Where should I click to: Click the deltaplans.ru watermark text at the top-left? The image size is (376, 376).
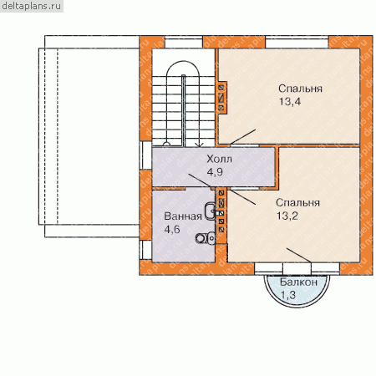tap(31, 6)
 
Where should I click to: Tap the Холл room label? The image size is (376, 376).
tap(219, 160)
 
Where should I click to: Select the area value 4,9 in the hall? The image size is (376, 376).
tap(215, 172)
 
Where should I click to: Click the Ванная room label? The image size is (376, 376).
tap(183, 216)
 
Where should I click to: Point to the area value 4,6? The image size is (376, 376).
tap(172, 230)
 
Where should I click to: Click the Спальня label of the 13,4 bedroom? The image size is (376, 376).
tap(300, 89)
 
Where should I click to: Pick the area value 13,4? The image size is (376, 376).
tap(290, 102)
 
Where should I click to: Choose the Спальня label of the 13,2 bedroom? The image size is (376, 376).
tap(297, 202)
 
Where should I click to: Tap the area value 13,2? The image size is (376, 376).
tap(287, 216)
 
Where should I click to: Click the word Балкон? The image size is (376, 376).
tap(298, 282)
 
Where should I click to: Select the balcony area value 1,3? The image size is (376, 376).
tap(288, 295)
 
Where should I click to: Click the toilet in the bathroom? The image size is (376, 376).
tap(206, 238)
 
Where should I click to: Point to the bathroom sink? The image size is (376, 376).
tap(210, 211)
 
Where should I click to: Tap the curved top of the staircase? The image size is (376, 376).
tap(183, 61)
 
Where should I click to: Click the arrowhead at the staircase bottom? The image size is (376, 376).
tap(199, 145)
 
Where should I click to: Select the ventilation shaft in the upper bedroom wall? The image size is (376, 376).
tap(221, 98)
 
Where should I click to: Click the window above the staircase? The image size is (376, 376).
tap(184, 43)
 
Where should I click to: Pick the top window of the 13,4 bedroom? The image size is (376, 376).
tap(297, 43)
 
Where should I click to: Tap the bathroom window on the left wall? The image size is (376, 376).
tap(145, 250)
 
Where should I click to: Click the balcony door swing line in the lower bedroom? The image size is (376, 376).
tap(298, 255)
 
